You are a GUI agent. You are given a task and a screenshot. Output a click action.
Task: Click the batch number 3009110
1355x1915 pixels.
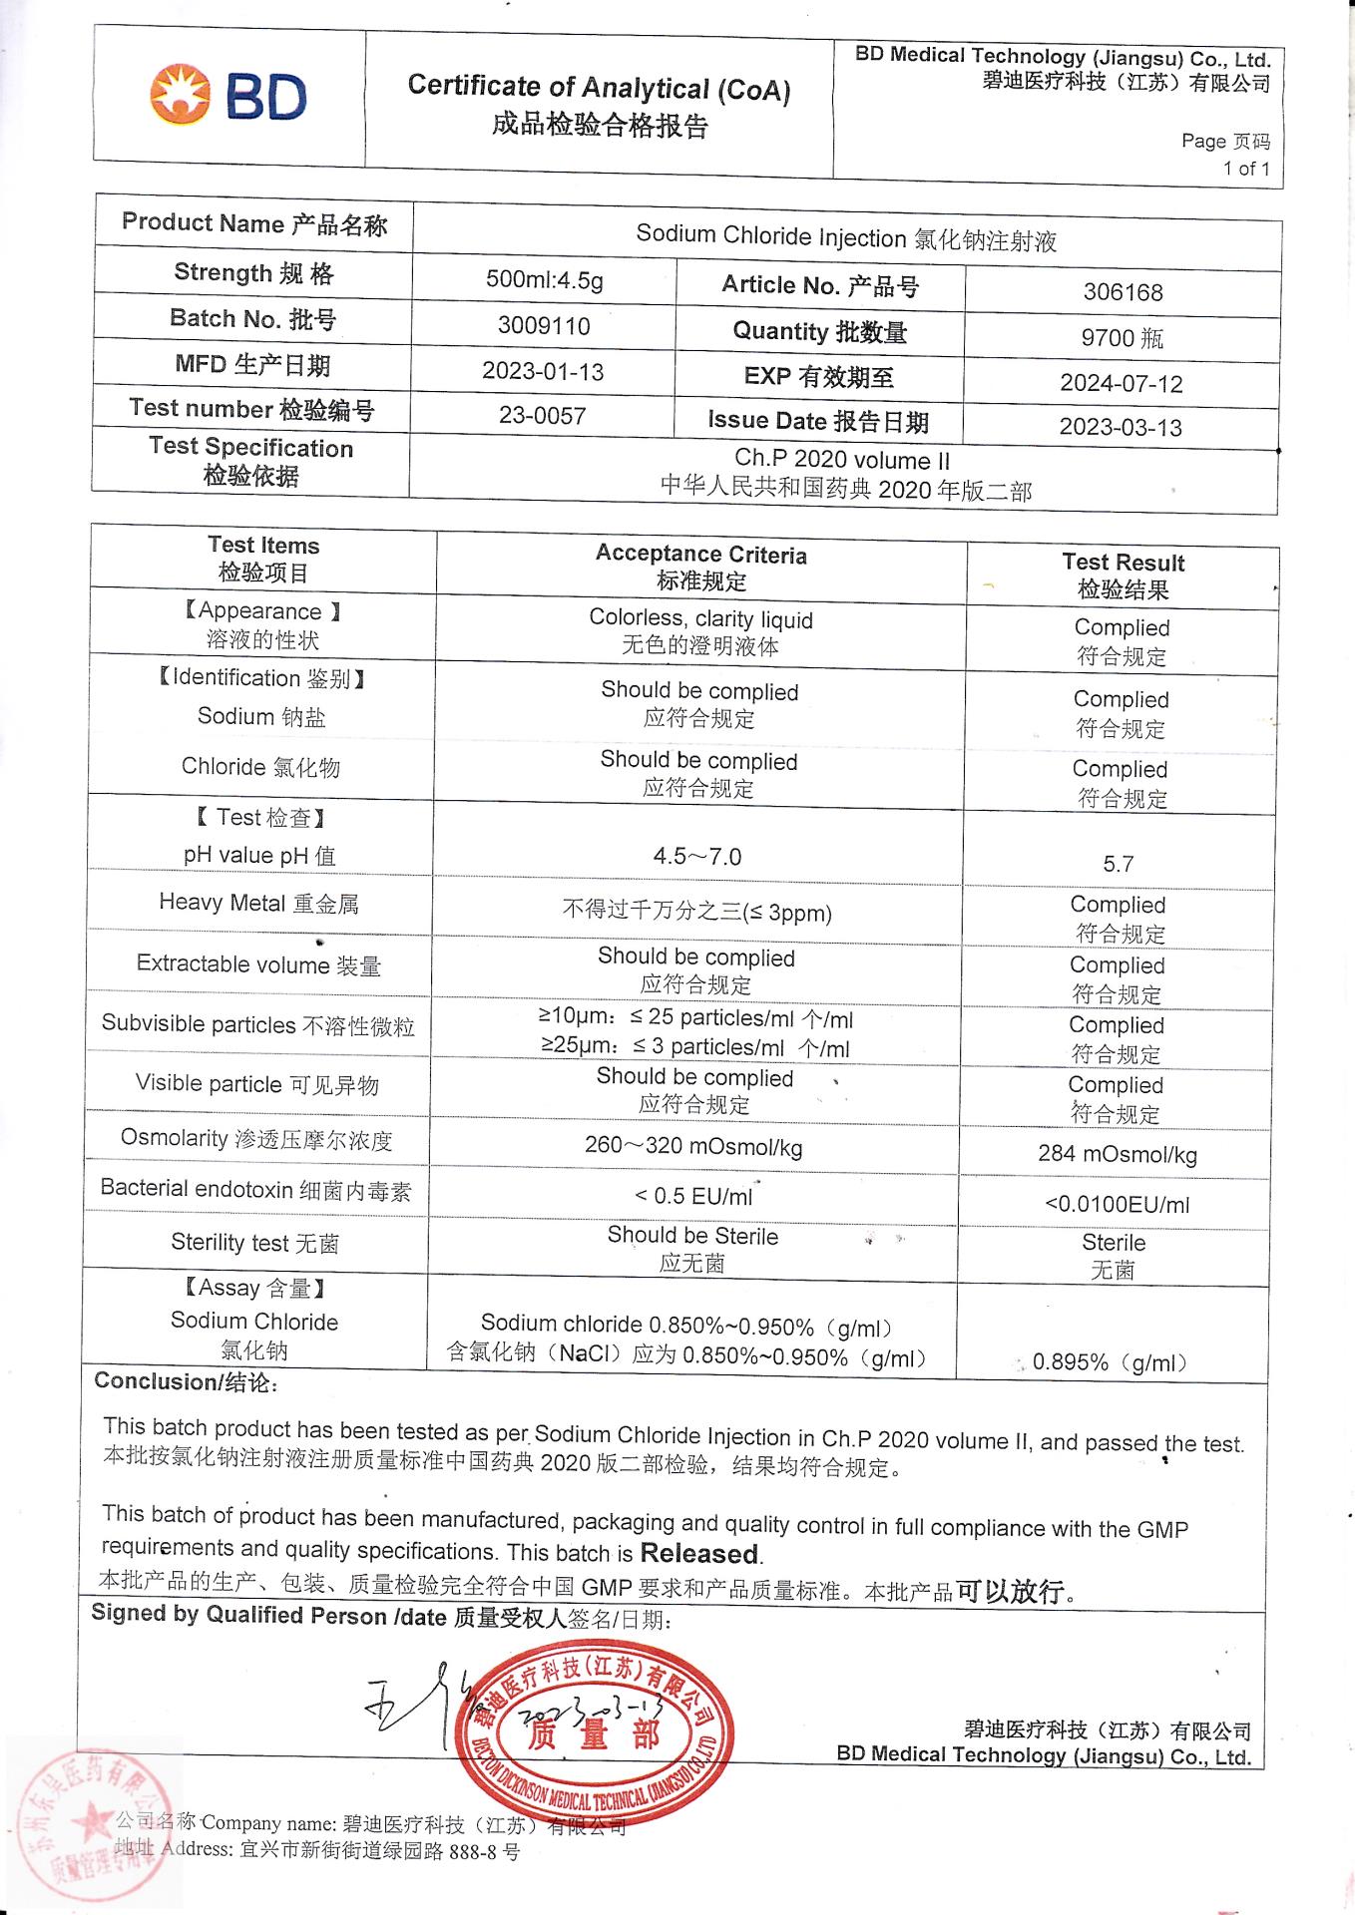tap(544, 326)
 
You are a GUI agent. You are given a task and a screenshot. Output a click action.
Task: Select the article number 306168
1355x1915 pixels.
tap(1123, 292)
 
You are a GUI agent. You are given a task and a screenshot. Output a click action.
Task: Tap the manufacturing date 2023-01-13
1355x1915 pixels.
tap(543, 372)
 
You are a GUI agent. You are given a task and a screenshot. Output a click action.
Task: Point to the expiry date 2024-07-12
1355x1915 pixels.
tap(1121, 383)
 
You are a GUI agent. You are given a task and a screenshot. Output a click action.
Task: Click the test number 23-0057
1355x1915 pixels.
tap(543, 416)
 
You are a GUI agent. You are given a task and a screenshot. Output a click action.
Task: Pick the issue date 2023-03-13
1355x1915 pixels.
tap(1121, 428)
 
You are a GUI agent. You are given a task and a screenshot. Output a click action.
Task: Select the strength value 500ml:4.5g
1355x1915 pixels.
tap(545, 280)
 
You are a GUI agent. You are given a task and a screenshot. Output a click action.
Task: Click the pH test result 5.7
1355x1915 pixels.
tap(1118, 864)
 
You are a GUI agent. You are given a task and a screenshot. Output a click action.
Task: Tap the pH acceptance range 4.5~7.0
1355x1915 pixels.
tap(697, 857)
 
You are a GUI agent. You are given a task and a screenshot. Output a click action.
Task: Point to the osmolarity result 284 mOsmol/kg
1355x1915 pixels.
tap(1118, 1154)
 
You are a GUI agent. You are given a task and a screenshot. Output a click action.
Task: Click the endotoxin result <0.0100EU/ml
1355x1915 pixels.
tap(1117, 1205)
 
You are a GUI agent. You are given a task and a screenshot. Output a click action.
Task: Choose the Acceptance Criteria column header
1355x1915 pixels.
tap(700, 567)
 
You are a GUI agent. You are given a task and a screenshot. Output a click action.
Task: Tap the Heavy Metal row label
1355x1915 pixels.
tap(258, 904)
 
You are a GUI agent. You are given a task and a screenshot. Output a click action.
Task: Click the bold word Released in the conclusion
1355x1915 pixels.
tap(699, 1554)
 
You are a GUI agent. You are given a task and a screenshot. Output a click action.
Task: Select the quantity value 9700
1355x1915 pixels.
tap(1108, 338)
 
